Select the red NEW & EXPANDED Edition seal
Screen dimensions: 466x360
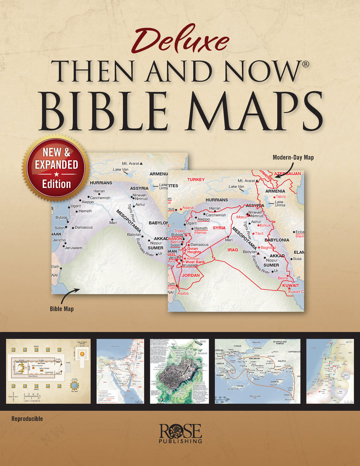[x=56, y=168]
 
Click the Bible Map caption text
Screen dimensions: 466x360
[x=62, y=309]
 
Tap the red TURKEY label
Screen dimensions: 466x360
[x=196, y=180]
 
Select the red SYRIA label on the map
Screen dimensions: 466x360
[x=219, y=228]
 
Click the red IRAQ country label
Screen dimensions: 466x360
[x=233, y=250]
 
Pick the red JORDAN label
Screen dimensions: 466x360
[x=190, y=276]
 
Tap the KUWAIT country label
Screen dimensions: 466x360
[x=290, y=286]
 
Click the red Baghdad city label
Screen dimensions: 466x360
[x=268, y=248]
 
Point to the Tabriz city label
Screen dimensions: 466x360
[x=280, y=197]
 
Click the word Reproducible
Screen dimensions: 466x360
[x=28, y=419]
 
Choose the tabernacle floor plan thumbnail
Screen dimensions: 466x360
[x=48, y=371]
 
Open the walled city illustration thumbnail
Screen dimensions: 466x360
[x=179, y=371]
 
